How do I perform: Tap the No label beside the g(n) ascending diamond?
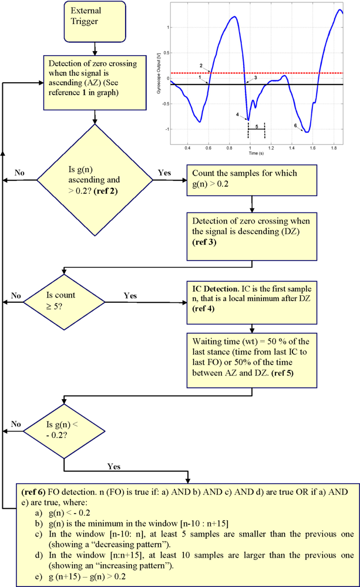point(19,173)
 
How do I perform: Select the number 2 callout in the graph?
point(201,65)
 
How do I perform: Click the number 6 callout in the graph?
point(295,125)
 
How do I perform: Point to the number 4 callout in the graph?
point(237,114)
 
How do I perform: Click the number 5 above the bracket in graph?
point(257,126)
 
